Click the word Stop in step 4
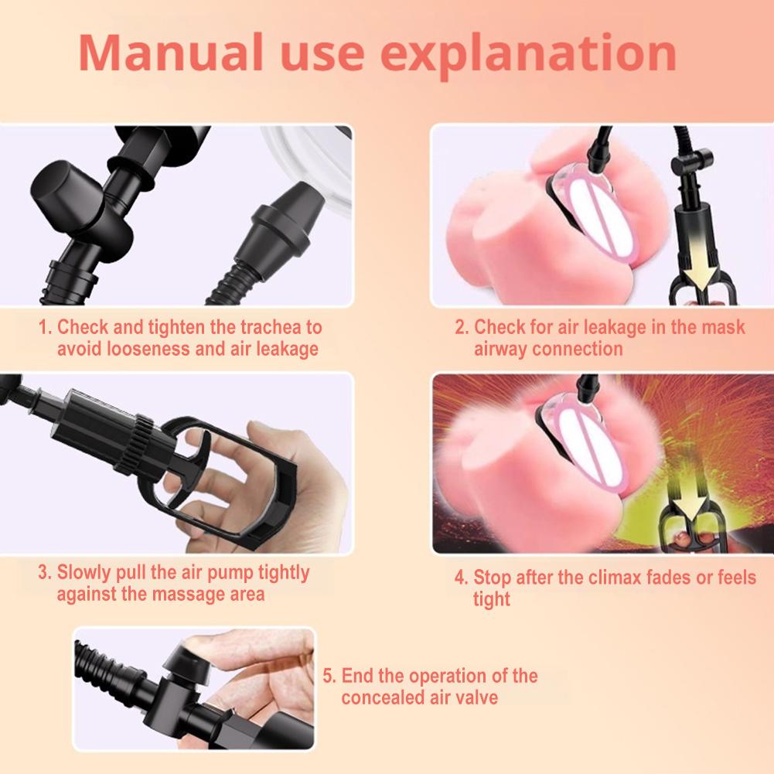(493, 578)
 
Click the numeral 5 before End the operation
(328, 676)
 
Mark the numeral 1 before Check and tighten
(43, 327)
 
